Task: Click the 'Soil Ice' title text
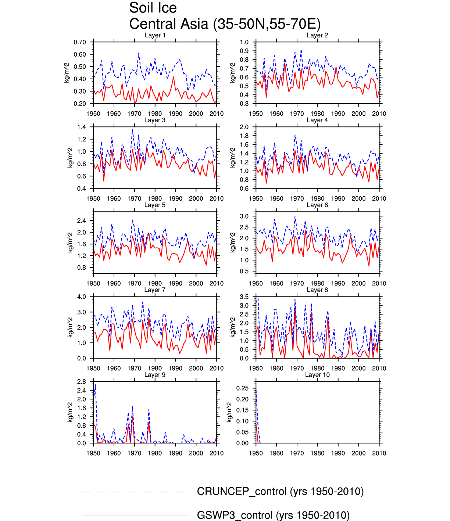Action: [153, 8]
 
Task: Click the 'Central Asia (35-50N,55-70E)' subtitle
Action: [225, 24]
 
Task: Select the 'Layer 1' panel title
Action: [155, 35]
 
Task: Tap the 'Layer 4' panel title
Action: [317, 120]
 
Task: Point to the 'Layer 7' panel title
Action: [155, 290]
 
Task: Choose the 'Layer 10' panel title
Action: [317, 375]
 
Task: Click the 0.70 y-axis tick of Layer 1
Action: [80, 42]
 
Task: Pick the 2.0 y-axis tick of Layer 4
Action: [244, 127]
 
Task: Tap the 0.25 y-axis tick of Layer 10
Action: [242, 388]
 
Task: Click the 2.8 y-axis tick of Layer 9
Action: [82, 382]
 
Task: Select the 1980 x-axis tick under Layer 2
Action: [317, 114]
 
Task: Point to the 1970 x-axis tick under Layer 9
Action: [134, 453]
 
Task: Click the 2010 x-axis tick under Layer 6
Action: [379, 284]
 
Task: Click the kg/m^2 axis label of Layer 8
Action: [232, 327]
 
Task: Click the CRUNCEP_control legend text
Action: [280, 492]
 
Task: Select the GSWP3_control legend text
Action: [273, 515]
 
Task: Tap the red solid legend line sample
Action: [135, 516]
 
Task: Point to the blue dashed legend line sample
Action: [133, 492]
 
